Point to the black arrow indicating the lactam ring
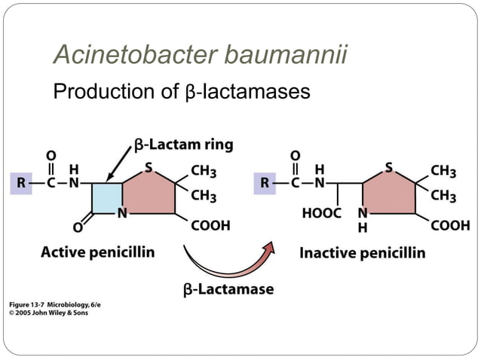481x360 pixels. pyautogui.click(x=119, y=163)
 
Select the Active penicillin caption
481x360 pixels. pyautogui.click(x=97, y=252)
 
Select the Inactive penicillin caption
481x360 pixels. pyautogui.click(x=362, y=252)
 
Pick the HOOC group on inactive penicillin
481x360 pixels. pyautogui.click(x=322, y=214)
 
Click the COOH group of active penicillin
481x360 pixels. pyautogui.click(x=210, y=224)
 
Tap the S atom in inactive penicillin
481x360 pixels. pyautogui.click(x=388, y=167)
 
